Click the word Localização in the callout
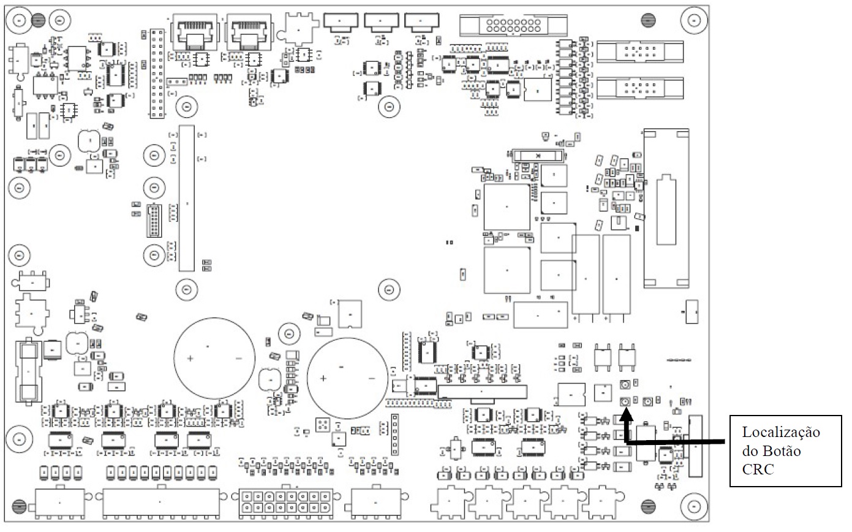point(781,432)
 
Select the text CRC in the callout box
point(758,469)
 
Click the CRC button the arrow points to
point(625,401)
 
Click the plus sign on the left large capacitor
point(190,358)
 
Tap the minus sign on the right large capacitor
point(372,379)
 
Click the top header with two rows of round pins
point(513,26)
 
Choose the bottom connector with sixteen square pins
point(286,503)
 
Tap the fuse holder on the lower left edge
point(28,371)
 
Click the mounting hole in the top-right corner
point(694,20)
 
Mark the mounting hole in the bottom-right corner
point(694,506)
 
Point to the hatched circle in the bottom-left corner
point(20,506)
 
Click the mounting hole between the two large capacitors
point(289,334)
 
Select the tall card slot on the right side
point(666,208)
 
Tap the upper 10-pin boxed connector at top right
point(639,51)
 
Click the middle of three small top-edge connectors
point(381,23)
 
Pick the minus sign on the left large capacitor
point(239,359)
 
